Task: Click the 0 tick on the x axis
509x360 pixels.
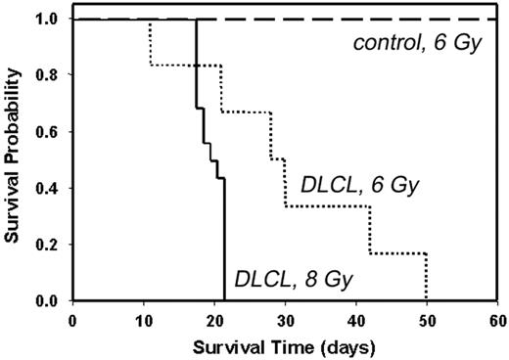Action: point(73,318)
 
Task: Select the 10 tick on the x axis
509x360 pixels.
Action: point(144,318)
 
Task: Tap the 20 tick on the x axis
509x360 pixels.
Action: point(214,318)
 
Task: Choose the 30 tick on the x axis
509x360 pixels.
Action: point(285,318)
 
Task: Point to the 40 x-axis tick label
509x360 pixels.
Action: point(356,318)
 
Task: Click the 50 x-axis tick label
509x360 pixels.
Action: point(427,318)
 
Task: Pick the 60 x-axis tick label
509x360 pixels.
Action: point(497,318)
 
